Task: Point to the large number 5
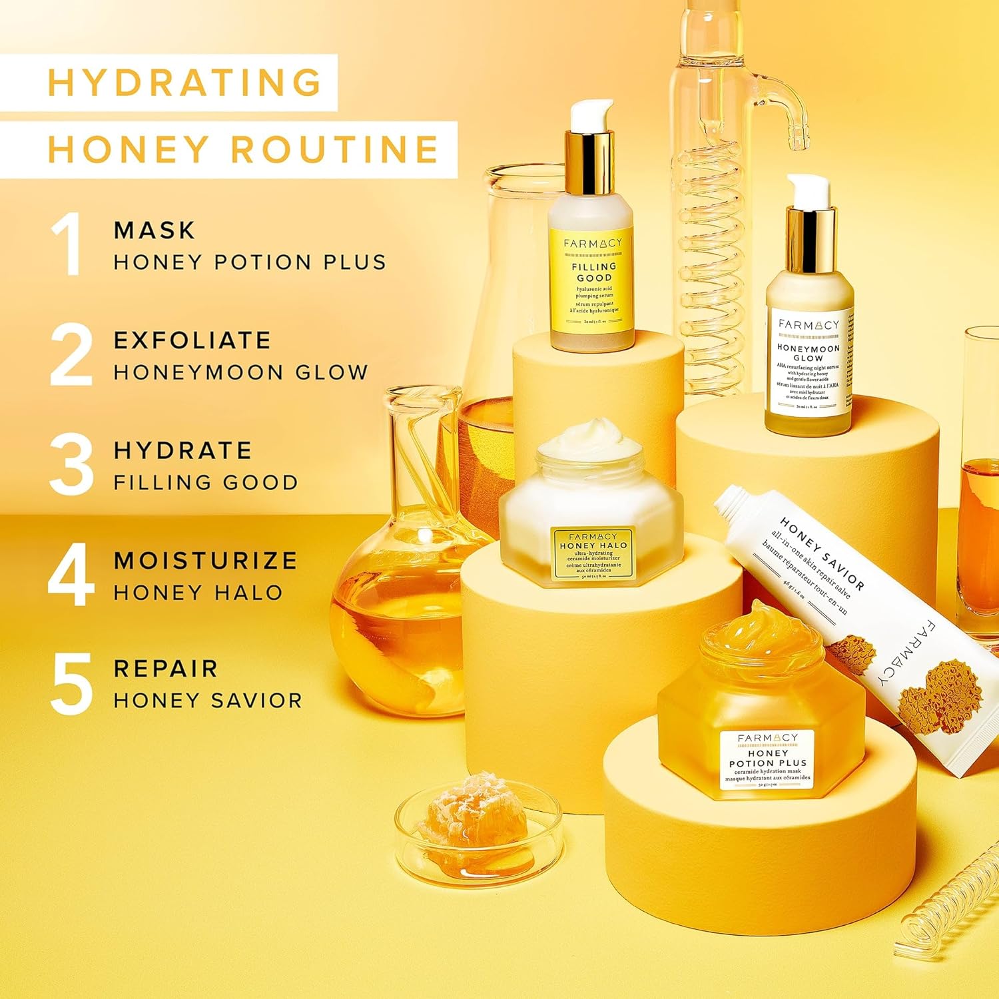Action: tap(71, 683)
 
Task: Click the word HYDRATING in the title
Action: tap(185, 83)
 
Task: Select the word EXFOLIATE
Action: tap(192, 340)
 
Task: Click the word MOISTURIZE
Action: tap(205, 560)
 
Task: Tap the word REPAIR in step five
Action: tap(166, 669)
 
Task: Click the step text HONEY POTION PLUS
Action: tap(250, 262)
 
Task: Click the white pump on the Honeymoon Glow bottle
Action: tap(809, 190)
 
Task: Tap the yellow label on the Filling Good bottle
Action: tap(592, 280)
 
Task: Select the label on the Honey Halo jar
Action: tap(592, 552)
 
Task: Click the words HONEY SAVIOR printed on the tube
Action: tap(822, 553)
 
